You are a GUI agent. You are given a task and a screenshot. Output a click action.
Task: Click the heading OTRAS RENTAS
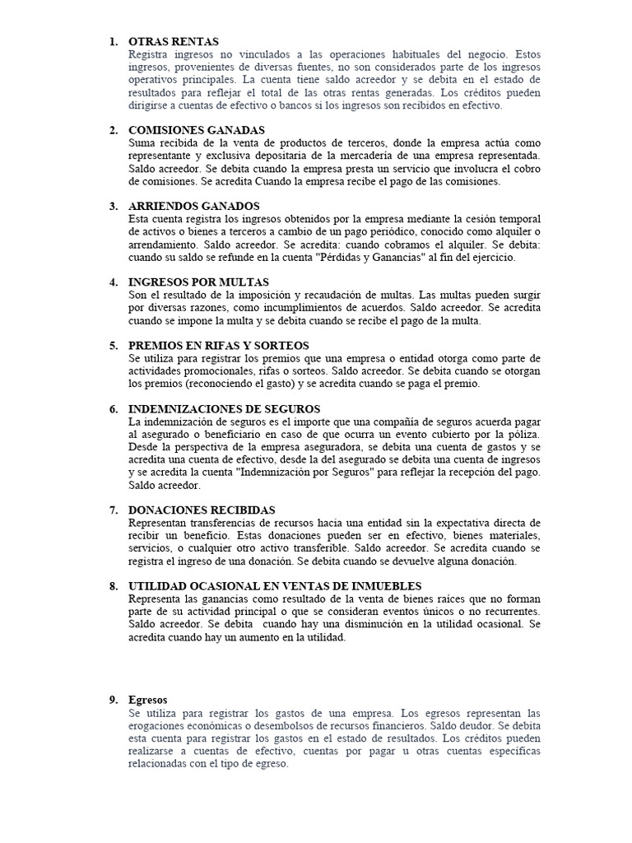pyautogui.click(x=174, y=41)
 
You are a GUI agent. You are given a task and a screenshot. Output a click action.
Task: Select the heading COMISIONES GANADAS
pyautogui.click(x=197, y=130)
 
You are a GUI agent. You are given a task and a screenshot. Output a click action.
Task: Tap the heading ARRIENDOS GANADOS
pyautogui.click(x=194, y=206)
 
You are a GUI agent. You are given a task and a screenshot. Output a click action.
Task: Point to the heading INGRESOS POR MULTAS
pyautogui.click(x=198, y=282)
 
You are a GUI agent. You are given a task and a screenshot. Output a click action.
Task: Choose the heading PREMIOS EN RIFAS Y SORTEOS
pyautogui.click(x=219, y=346)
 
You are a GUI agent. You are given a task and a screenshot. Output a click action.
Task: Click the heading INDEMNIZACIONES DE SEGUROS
pyautogui.click(x=224, y=409)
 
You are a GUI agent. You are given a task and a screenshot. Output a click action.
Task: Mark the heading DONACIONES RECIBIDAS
pyautogui.click(x=202, y=510)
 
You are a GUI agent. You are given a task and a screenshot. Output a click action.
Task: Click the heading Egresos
pyautogui.click(x=148, y=700)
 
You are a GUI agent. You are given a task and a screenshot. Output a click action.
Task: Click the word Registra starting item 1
pyautogui.click(x=148, y=54)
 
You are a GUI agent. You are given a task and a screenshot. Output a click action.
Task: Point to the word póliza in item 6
pyautogui.click(x=522, y=434)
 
